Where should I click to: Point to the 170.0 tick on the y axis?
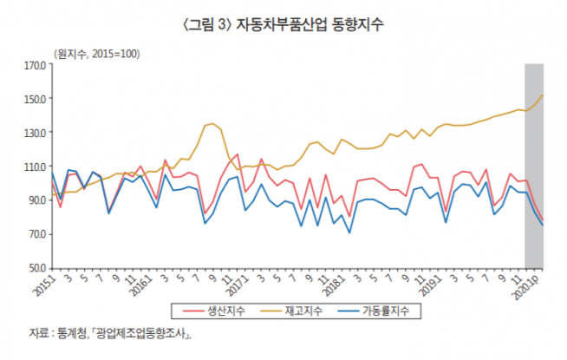coord(35,64)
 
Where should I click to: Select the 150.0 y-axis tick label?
coord(35,98)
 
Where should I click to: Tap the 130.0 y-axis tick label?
coord(35,132)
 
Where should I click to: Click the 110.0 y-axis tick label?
coord(35,167)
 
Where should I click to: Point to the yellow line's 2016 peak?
coord(212,123)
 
